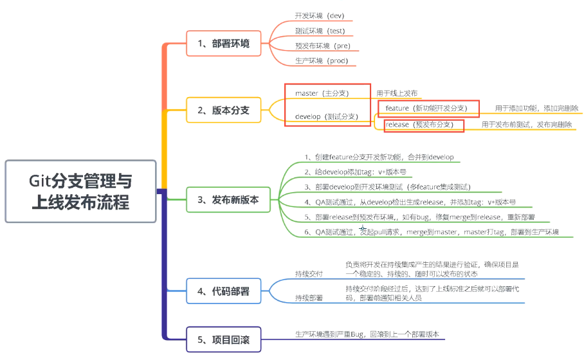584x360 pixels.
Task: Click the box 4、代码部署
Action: (223, 291)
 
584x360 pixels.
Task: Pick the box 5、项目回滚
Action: (223, 339)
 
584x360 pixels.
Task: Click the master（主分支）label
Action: (322, 93)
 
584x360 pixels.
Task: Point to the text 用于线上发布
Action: (397, 94)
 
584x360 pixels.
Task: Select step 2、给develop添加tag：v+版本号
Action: (356, 172)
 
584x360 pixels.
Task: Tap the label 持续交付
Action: (309, 274)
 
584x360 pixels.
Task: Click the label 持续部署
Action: (309, 298)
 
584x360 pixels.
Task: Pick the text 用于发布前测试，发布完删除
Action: (527, 125)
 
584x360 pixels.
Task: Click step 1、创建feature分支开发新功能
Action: (379, 157)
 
